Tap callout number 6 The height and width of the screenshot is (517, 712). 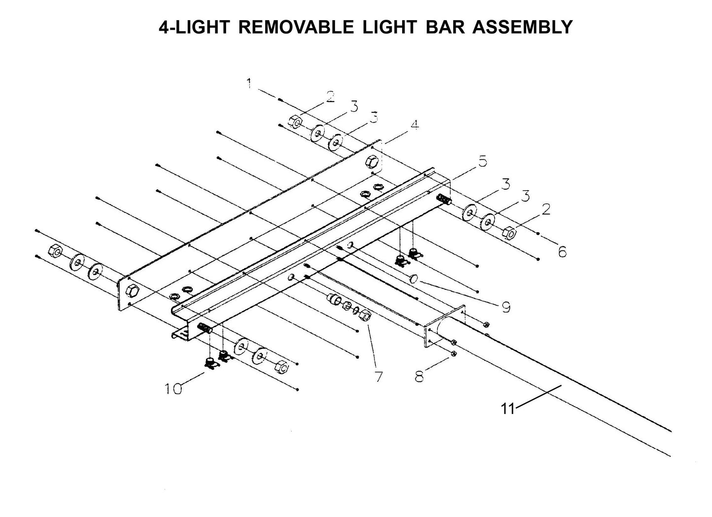[562, 252]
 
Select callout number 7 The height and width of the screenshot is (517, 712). [378, 377]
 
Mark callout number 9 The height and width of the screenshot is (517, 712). [506, 307]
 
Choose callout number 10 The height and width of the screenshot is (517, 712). [173, 389]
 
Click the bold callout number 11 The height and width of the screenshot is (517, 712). [508, 409]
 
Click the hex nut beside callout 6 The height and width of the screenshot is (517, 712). [510, 230]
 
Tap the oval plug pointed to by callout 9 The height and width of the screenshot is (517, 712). [414, 279]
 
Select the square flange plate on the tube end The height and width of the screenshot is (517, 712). [444, 327]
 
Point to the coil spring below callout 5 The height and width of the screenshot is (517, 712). [443, 200]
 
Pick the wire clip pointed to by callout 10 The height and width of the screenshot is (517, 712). [210, 364]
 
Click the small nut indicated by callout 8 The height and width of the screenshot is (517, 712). [454, 353]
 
